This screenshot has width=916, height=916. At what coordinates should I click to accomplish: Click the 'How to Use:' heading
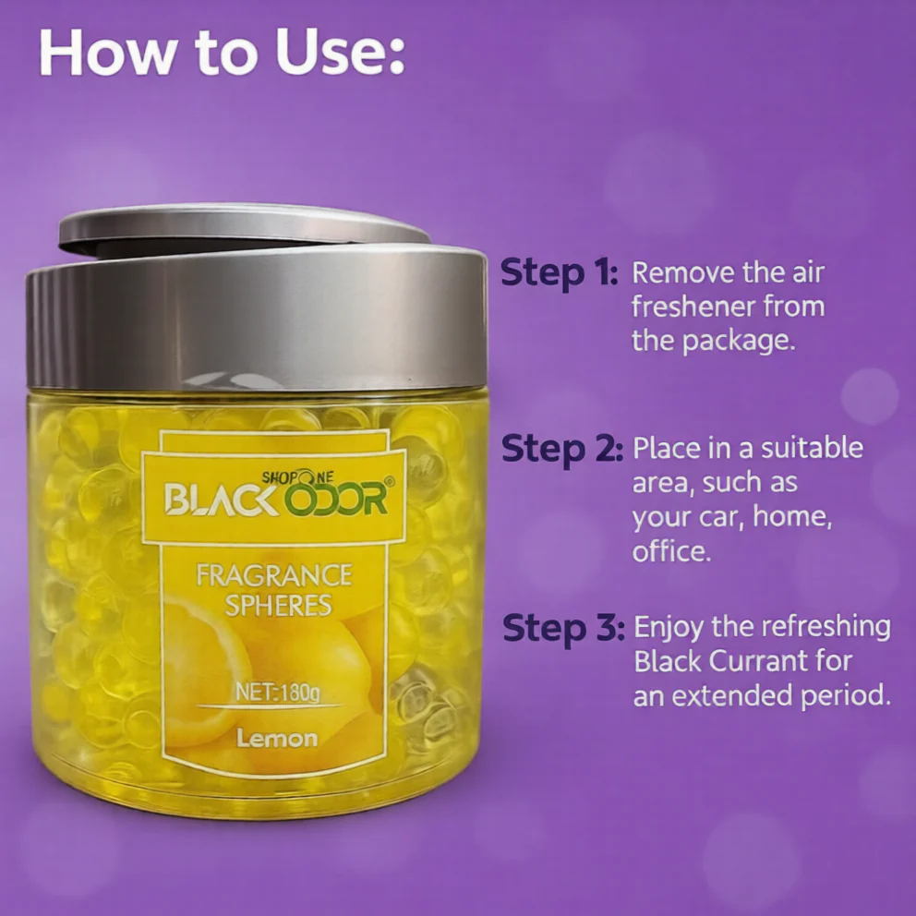point(222,54)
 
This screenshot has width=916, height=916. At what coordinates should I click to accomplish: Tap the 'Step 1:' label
point(559,273)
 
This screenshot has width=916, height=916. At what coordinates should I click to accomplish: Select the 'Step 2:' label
point(562,450)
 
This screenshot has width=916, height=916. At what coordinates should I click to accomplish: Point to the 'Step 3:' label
point(564,629)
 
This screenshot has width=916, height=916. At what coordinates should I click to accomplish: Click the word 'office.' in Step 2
point(671,550)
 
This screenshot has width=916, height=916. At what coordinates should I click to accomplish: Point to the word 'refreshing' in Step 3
point(826,627)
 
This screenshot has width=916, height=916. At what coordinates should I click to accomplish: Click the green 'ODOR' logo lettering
point(335,499)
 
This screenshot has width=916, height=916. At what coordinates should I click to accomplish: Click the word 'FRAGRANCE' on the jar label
point(274,575)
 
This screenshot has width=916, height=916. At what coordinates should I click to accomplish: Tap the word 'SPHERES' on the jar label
point(278,605)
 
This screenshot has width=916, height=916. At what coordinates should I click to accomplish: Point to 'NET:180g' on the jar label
point(278,693)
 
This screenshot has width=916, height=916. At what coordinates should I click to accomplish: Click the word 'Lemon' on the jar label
point(277,739)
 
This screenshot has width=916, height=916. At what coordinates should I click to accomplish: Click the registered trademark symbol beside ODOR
point(390,481)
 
